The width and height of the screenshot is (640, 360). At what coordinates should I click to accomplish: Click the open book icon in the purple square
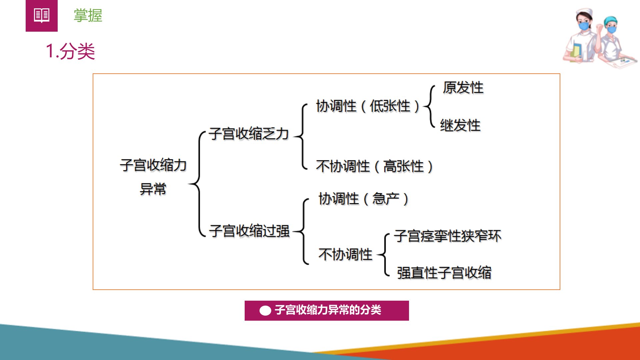[42, 15]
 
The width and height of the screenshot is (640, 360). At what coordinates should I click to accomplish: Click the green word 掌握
[88, 16]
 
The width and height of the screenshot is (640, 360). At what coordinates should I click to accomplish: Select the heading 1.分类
[70, 51]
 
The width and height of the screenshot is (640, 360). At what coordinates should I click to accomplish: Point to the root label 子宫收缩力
[153, 165]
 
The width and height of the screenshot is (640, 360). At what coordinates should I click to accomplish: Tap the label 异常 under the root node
[153, 189]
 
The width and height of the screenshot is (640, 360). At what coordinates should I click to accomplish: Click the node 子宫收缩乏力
[249, 134]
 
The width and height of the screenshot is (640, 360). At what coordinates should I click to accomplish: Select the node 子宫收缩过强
[249, 231]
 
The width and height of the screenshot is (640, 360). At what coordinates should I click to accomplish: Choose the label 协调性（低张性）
[368, 106]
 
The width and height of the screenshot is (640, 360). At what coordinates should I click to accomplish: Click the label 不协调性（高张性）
[374, 166]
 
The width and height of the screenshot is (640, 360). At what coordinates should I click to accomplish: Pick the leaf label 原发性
[463, 88]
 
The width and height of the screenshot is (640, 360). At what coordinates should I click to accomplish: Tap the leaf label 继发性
[460, 126]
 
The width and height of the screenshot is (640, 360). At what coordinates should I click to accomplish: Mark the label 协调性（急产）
[364, 199]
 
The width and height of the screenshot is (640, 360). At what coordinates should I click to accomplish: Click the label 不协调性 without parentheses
[345, 254]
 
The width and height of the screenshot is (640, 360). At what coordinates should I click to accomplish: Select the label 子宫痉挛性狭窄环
[448, 236]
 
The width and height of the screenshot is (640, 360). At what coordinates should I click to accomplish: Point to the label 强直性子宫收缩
[444, 273]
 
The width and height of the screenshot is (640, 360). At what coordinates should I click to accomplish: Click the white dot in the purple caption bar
[265, 311]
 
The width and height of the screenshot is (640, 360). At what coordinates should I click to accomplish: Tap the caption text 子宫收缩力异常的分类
[328, 310]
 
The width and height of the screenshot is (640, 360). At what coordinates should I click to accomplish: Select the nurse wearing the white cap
[582, 36]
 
